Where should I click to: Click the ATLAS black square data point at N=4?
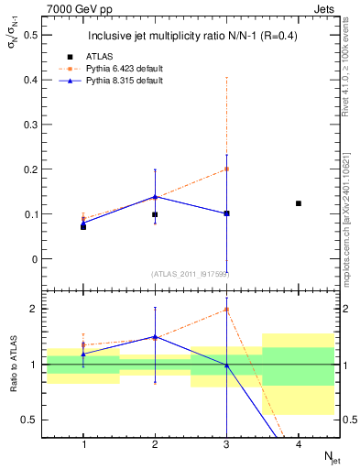(x=299, y=203)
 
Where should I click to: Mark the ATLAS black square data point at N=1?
(x=83, y=226)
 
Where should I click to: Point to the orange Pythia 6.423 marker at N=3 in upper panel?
(x=226, y=169)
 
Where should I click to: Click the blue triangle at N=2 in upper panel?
(x=155, y=196)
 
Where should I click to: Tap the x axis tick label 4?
(x=299, y=444)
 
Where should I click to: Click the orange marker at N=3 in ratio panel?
(x=226, y=310)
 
